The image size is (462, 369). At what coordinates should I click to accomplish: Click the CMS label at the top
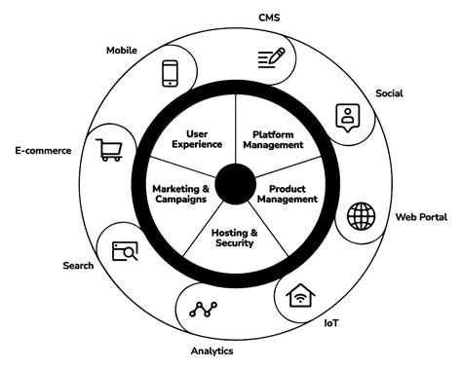tap(269, 18)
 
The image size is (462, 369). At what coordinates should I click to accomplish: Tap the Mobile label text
tap(122, 50)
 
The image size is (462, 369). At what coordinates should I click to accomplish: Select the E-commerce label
tap(42, 151)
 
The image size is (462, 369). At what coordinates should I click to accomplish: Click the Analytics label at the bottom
tap(212, 351)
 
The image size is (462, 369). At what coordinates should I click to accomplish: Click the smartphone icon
tap(170, 72)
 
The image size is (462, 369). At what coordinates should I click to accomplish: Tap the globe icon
tap(362, 214)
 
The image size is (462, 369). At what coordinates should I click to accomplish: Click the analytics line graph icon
tap(205, 311)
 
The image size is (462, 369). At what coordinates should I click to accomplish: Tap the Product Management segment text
tap(287, 193)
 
